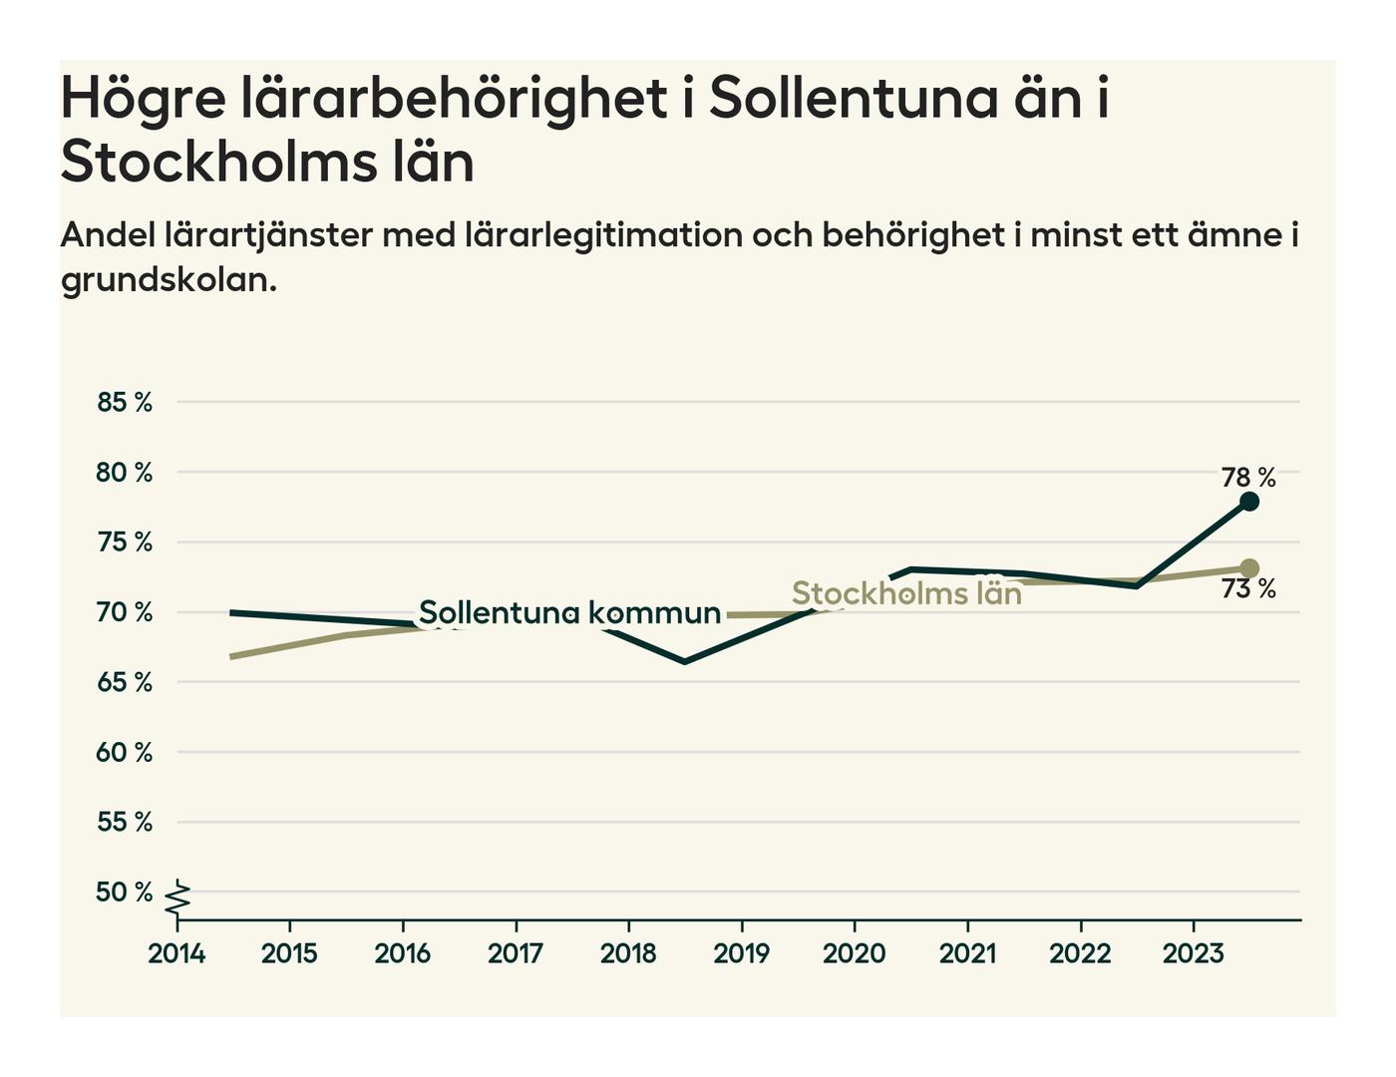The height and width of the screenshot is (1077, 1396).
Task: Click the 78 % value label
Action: [x=1248, y=478]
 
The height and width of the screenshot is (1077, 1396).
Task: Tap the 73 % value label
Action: [x=1248, y=589]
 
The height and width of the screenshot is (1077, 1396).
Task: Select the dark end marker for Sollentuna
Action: [x=1249, y=502]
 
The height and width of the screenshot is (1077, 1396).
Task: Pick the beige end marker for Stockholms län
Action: [x=1249, y=568]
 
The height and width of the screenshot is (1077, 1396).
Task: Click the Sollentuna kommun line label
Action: [x=569, y=612]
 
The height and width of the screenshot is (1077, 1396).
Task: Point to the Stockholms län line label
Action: [x=906, y=593]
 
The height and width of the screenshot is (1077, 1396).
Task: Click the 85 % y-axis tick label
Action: [x=125, y=403]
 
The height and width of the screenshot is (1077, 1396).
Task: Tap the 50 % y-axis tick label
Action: [x=125, y=893]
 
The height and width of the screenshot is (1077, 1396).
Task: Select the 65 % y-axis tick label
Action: [x=125, y=683]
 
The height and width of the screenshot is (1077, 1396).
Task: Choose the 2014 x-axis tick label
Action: [x=176, y=954]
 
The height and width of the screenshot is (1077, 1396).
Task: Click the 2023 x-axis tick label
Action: [x=1193, y=954]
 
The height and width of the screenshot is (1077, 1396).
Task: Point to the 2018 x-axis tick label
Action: [x=628, y=954]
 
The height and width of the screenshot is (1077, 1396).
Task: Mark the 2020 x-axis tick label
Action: [x=854, y=954]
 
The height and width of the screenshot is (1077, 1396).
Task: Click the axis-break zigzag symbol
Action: [x=178, y=899]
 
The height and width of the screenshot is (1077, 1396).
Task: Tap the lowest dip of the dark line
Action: [x=684, y=661]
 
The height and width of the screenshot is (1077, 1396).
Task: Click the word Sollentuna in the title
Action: [x=853, y=98]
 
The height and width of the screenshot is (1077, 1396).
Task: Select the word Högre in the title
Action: [x=144, y=100]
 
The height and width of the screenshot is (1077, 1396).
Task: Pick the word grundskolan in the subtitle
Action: [x=168, y=280]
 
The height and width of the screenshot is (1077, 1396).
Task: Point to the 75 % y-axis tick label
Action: [x=125, y=542]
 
